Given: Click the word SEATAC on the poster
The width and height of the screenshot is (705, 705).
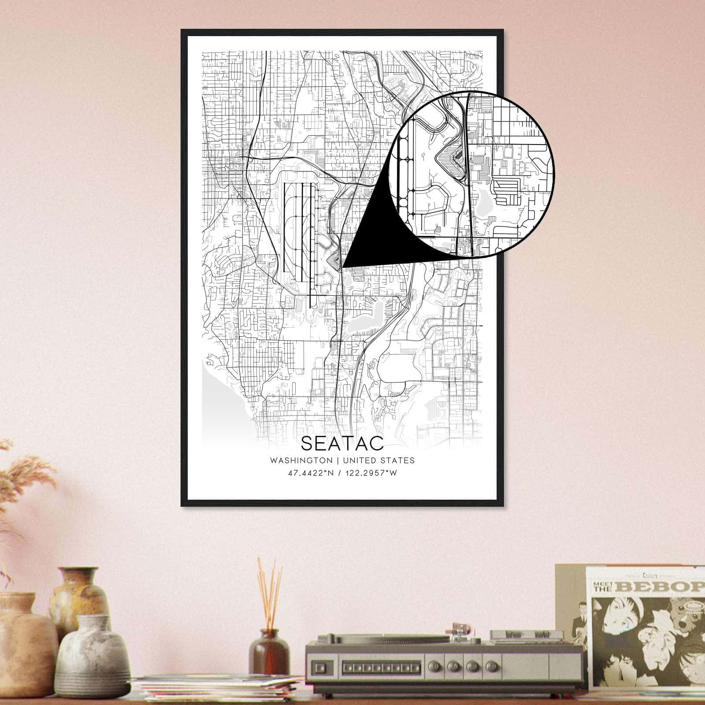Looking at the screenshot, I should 342,443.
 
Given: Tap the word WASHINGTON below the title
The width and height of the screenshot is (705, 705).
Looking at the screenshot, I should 301,460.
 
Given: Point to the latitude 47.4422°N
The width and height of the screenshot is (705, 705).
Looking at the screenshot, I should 310,473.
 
